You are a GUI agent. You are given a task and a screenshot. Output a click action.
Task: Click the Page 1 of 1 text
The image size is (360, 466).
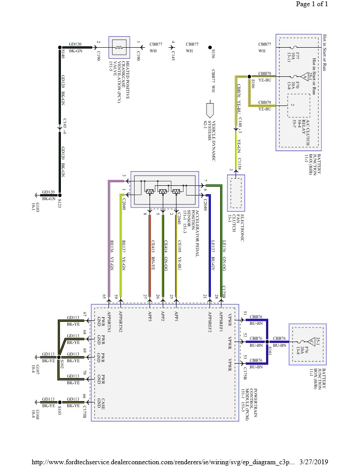pyautogui.click(x=312, y=5)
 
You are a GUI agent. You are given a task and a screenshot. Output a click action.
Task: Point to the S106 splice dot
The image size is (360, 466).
pyautogui.click(x=249, y=76)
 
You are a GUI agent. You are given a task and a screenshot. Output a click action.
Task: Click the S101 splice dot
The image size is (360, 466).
pyautogui.click(x=267, y=342)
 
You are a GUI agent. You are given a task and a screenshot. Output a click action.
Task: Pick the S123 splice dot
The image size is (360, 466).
pyautogui.click(x=60, y=195)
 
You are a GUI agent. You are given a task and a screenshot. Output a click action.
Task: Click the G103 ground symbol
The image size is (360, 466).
pyautogui.click(x=36, y=195)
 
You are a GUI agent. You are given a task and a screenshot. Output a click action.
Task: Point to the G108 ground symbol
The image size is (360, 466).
pyautogui.click(x=36, y=402)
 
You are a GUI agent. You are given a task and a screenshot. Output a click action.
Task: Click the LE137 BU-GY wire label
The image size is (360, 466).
pyautogui.click(x=213, y=252)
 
